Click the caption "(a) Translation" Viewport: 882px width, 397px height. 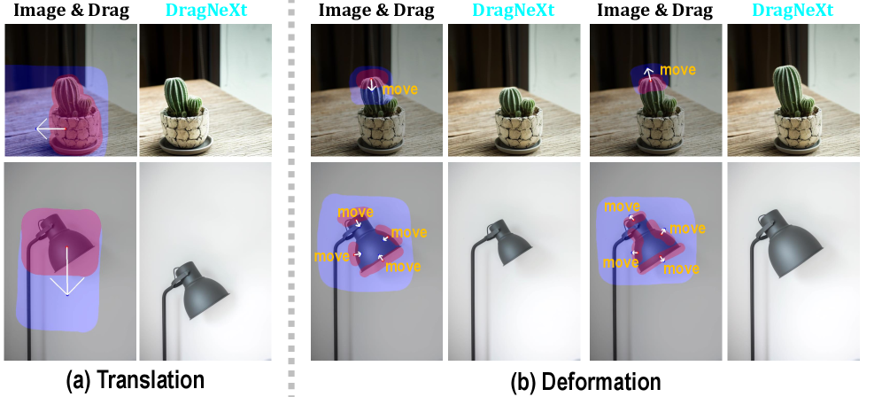pos(135,381)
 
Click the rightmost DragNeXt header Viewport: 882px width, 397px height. pos(793,10)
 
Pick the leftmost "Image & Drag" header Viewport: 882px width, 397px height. pos(72,10)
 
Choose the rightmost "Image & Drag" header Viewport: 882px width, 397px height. pos(654,10)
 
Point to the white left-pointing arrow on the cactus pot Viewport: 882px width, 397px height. pos(50,129)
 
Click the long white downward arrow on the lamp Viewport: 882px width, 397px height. pos(66,271)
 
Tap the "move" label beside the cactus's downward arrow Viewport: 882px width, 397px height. pos(400,89)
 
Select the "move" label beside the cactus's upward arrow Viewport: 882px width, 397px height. pos(677,70)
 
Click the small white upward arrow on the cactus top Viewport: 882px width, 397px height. pos(648,74)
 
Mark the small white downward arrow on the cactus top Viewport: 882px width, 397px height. pos(371,85)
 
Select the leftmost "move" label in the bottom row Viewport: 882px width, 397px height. pos(332,256)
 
